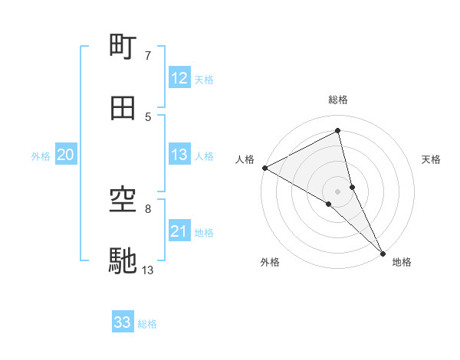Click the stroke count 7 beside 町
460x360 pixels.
pyautogui.click(x=148, y=56)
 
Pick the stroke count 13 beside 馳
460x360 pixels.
pyautogui.click(x=148, y=270)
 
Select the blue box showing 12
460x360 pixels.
pyautogui.click(x=179, y=78)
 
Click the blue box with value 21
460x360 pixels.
pyautogui.click(x=179, y=231)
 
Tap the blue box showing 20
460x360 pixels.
pyautogui.click(x=65, y=155)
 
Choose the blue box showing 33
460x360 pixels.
pyautogui.click(x=123, y=322)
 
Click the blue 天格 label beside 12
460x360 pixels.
pyautogui.click(x=203, y=80)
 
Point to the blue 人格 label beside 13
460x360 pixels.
pyautogui.click(x=203, y=156)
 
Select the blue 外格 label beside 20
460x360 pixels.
pyautogui.click(x=41, y=156)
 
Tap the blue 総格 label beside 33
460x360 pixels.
pyautogui.click(x=147, y=324)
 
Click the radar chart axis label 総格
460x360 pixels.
pyautogui.click(x=338, y=100)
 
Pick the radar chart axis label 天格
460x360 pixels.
pyautogui.click(x=431, y=159)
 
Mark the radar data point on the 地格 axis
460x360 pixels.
pyautogui.click(x=383, y=252)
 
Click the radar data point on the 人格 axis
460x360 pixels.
pyautogui.click(x=264, y=168)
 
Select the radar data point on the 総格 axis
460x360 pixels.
pyautogui.click(x=338, y=131)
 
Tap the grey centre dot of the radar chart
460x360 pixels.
pyautogui.click(x=338, y=191)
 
